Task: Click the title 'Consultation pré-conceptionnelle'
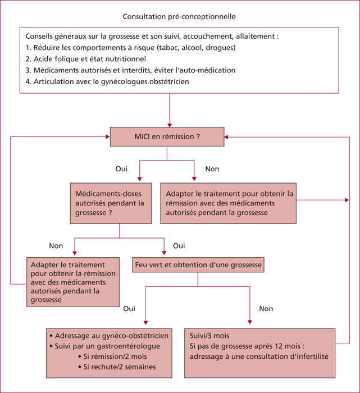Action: [179, 16]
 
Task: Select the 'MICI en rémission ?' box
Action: [167, 136]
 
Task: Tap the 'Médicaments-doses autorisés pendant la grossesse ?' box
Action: [111, 203]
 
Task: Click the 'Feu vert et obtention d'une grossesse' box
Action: [198, 264]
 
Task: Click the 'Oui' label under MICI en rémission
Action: [121, 168]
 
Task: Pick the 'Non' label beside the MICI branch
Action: [212, 168]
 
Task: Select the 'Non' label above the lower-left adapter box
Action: [56, 246]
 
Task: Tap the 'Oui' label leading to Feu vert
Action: [179, 246]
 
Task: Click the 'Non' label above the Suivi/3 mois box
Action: [266, 309]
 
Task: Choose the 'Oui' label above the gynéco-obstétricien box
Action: [129, 309]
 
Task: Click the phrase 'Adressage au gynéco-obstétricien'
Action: [112, 336]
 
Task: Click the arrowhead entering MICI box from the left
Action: [108, 136]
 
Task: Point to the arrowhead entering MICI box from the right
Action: [226, 137]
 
